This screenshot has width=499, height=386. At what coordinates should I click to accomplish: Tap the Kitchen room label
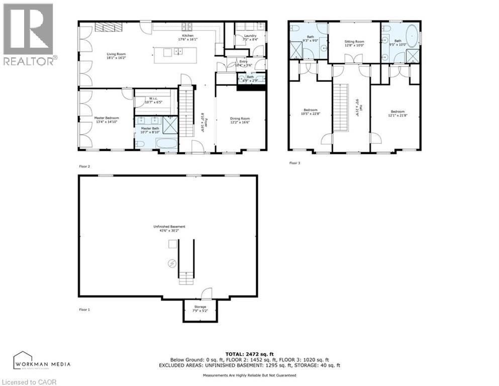point(187,37)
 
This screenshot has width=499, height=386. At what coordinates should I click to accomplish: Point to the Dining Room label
point(240,120)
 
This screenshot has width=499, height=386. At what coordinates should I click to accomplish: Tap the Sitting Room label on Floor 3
point(354,43)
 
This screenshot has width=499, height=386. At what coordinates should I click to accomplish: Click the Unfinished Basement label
point(168,228)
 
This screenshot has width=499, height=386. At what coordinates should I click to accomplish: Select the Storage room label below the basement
point(200,308)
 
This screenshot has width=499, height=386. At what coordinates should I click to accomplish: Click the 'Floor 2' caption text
point(84,166)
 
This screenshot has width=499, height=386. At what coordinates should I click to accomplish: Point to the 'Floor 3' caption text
point(295,163)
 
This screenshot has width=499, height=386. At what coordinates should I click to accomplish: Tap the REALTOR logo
point(29,34)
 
